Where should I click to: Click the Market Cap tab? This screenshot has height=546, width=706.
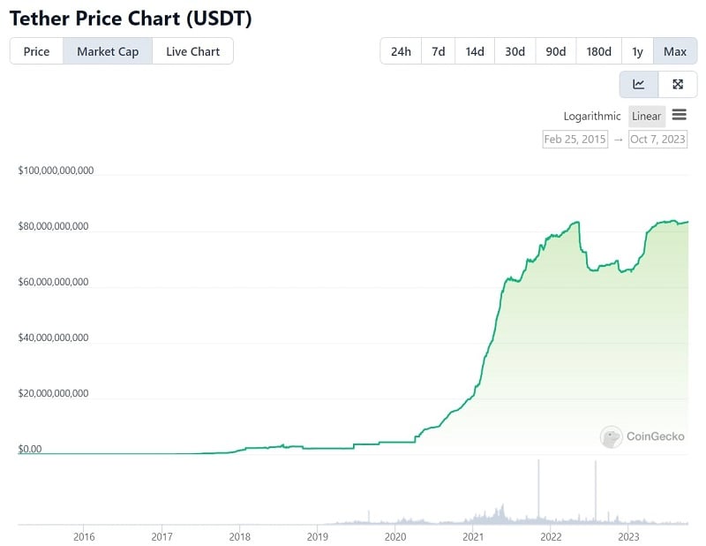click(107, 51)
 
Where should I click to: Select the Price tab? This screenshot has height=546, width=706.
click(36, 51)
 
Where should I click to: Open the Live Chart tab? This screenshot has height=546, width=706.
click(192, 51)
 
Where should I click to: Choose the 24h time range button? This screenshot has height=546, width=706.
click(401, 51)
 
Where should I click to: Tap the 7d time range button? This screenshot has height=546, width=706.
click(438, 51)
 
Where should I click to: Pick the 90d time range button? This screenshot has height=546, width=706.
click(555, 51)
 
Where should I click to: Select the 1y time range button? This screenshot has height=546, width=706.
click(637, 51)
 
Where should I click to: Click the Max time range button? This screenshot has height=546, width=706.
click(674, 51)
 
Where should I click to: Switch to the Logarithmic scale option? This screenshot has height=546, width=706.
click(592, 116)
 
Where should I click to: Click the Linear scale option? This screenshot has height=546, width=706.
click(646, 116)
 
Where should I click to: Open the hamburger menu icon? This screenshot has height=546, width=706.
click(679, 115)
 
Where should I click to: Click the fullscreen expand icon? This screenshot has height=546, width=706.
click(677, 85)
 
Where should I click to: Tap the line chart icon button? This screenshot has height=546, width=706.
click(639, 85)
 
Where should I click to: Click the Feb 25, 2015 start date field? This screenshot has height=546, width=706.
click(575, 139)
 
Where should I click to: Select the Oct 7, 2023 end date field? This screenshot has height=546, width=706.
click(657, 139)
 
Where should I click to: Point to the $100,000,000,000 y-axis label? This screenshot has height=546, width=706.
click(56, 170)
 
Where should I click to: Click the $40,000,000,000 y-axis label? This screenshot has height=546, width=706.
click(53, 337)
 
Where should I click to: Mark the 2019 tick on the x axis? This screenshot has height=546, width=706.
click(318, 536)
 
